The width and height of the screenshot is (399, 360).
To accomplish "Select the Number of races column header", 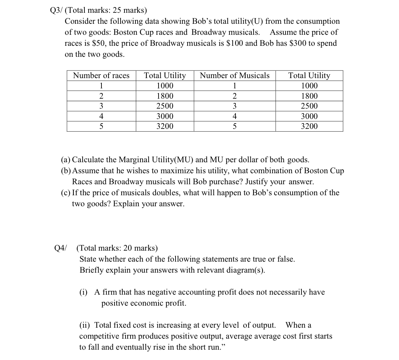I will (x=101, y=76).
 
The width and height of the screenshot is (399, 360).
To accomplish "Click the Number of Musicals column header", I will (x=234, y=76).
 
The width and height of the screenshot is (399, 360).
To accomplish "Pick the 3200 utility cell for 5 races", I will (x=165, y=126).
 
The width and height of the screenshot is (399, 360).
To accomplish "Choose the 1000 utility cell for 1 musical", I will (x=309, y=86).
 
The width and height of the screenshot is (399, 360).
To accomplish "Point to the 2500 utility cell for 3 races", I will (x=165, y=106).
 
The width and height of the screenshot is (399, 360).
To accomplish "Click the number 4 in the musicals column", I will (x=234, y=116).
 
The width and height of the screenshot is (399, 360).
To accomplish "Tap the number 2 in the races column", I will (x=101, y=96).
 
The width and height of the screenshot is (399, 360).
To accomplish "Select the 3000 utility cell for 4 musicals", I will (x=309, y=116).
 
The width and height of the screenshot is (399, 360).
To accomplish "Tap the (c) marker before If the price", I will (x=65, y=193).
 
